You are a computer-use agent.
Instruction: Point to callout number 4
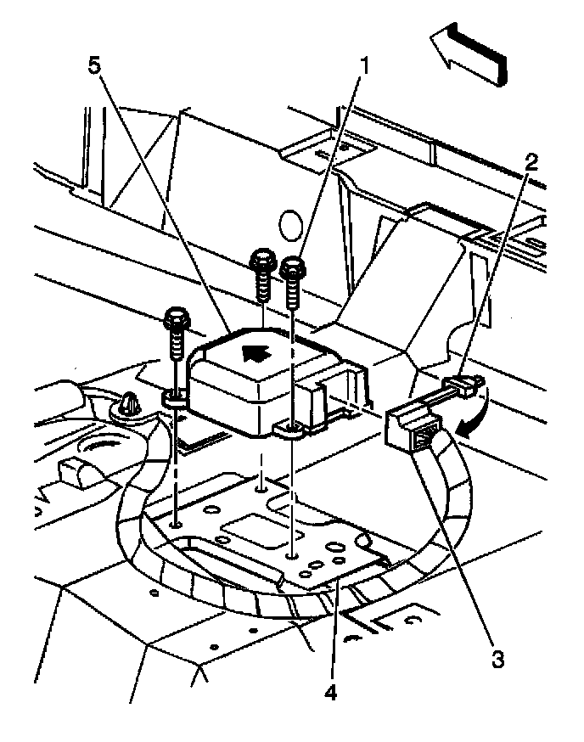pyautogui.click(x=331, y=693)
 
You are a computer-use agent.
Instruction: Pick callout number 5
pyautogui.click(x=95, y=65)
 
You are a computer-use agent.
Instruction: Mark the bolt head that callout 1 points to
pyautogui.click(x=292, y=269)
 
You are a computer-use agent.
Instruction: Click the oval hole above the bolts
pyautogui.click(x=290, y=226)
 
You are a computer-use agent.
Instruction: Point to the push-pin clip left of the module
pyautogui.click(x=127, y=406)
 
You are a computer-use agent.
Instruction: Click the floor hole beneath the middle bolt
pyautogui.click(x=261, y=490)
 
